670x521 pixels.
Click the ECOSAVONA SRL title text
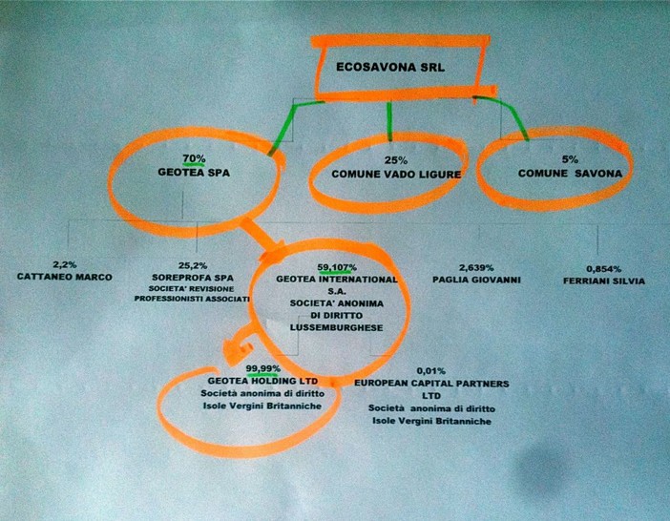pyautogui.click(x=390, y=67)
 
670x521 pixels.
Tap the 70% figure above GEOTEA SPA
pyautogui.click(x=194, y=158)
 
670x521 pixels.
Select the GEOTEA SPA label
pyautogui.click(x=194, y=173)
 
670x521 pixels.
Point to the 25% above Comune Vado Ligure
pyautogui.click(x=396, y=160)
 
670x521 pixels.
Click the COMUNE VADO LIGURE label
pyautogui.click(x=396, y=175)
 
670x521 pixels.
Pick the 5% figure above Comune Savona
pyautogui.click(x=570, y=159)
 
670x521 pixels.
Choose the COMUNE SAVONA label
pyautogui.click(x=570, y=174)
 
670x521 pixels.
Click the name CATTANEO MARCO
pyautogui.click(x=65, y=277)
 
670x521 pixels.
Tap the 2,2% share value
pyautogui.click(x=65, y=264)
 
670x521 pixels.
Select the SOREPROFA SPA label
pyautogui.click(x=193, y=278)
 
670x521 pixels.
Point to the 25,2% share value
pyautogui.click(x=193, y=265)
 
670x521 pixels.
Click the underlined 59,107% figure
pyautogui.click(x=337, y=268)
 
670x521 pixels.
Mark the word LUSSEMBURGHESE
pyautogui.click(x=336, y=328)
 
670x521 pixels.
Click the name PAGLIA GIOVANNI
pyautogui.click(x=476, y=281)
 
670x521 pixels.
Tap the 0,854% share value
pyautogui.click(x=604, y=269)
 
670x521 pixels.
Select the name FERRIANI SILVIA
pyautogui.click(x=604, y=281)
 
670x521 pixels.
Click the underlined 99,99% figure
pyautogui.click(x=263, y=368)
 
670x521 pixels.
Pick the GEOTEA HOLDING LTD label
pyautogui.click(x=262, y=381)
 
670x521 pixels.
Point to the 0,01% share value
pyautogui.click(x=431, y=370)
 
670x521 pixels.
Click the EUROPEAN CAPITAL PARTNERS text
pyautogui.click(x=431, y=383)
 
